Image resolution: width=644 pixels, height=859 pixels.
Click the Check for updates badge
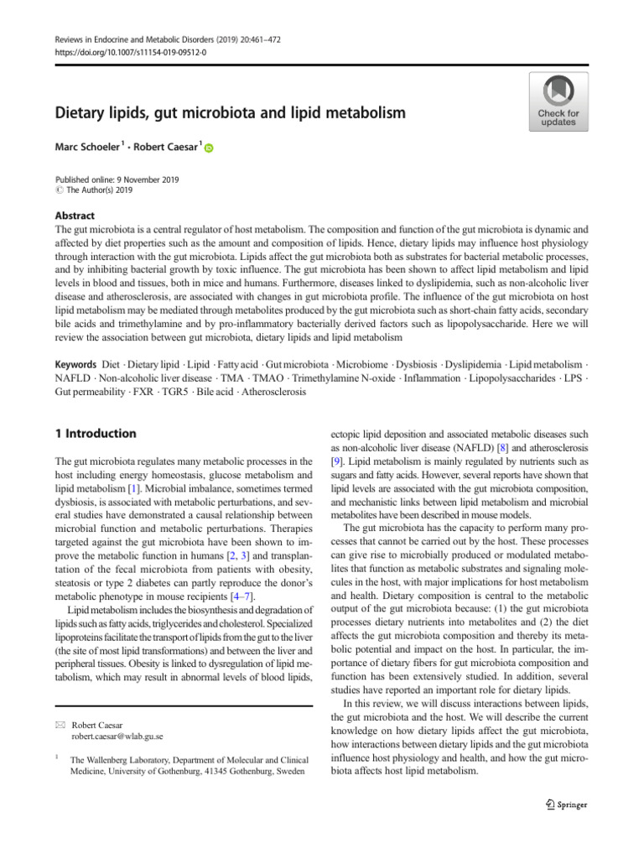click(x=557, y=101)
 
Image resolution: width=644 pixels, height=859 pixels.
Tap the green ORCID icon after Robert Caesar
click(x=209, y=148)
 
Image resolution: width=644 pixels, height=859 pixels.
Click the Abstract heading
click(x=75, y=215)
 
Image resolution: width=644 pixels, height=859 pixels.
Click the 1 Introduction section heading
click(x=95, y=434)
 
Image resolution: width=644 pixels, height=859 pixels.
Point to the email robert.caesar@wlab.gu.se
click(x=117, y=737)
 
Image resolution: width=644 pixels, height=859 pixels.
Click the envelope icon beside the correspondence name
click(x=60, y=724)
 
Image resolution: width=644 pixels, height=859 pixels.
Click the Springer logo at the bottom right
click(x=566, y=804)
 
